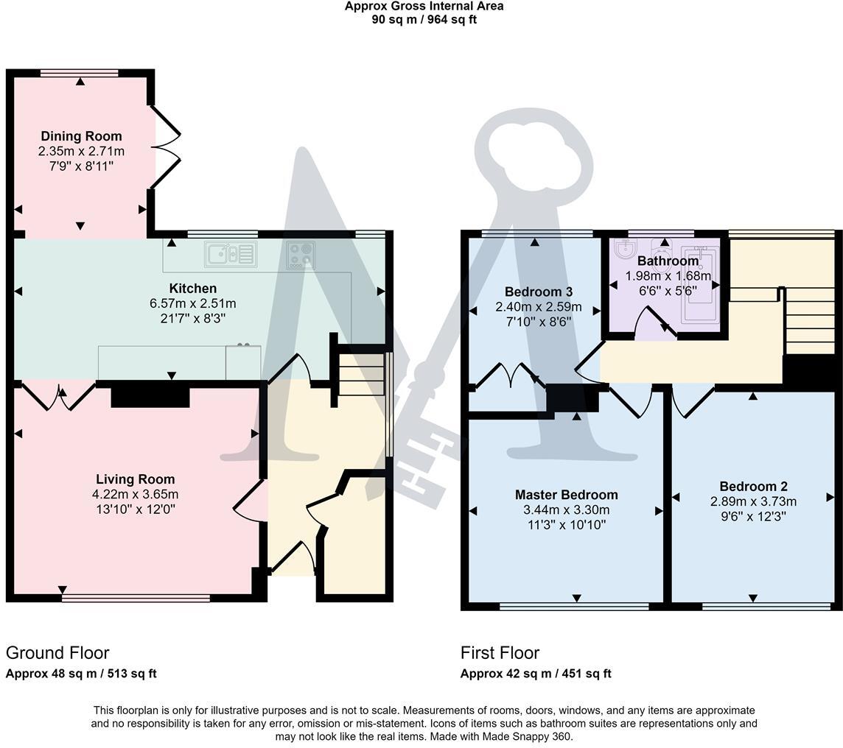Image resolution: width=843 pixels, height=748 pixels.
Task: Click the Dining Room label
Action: (x=81, y=136)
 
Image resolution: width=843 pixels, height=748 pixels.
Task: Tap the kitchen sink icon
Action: (x=231, y=255)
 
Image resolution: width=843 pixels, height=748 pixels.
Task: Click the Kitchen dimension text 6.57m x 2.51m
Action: (x=193, y=303)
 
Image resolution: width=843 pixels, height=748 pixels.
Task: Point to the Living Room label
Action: (x=136, y=479)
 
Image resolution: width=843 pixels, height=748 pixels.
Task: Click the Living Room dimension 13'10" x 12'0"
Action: (x=136, y=509)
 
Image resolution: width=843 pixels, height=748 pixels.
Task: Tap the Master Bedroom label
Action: (x=566, y=495)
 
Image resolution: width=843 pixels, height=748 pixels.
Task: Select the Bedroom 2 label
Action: (x=753, y=487)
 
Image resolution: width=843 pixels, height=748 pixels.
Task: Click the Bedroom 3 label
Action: (x=538, y=292)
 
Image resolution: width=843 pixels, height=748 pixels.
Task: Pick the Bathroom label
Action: (x=668, y=261)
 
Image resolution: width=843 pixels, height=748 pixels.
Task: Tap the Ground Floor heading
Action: (x=57, y=653)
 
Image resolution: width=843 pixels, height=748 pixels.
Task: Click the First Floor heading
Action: (x=500, y=653)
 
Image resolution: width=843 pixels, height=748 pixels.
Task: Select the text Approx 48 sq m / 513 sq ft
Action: (x=81, y=674)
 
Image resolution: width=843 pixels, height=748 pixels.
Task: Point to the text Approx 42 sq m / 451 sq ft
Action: (x=536, y=674)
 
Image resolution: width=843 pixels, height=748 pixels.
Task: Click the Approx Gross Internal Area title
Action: (x=424, y=7)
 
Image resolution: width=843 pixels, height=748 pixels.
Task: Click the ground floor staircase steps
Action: (x=361, y=375)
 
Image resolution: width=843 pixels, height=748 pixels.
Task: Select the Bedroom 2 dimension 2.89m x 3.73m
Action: (x=753, y=501)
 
